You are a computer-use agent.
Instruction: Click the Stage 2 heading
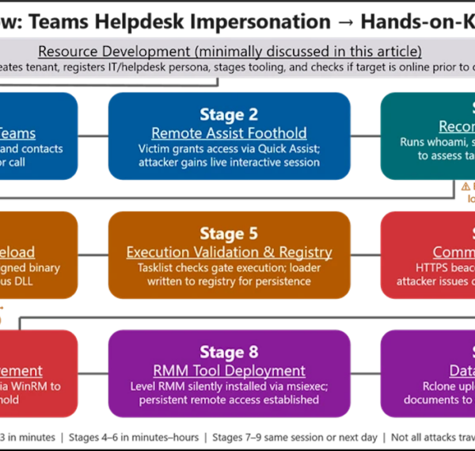(229, 114)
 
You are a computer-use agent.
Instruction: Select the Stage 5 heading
(229, 234)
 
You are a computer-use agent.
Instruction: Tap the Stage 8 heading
(229, 352)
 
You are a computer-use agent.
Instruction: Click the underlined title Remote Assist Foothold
(229, 133)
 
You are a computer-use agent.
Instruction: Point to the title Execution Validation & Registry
(229, 253)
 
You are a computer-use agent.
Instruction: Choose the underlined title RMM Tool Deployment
(229, 371)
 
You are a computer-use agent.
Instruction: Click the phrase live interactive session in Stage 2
(272, 162)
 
